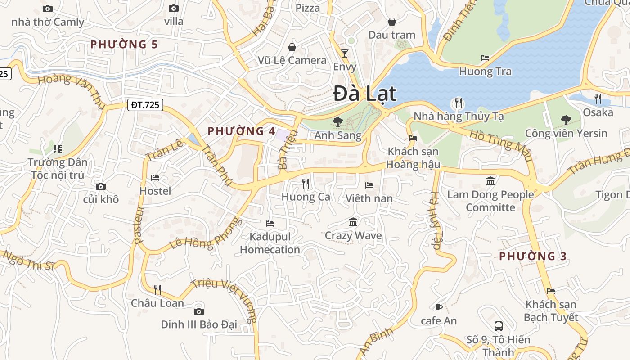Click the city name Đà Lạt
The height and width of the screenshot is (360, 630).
click(365, 94)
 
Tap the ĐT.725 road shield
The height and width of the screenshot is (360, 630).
click(145, 105)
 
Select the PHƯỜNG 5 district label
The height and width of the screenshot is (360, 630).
click(124, 44)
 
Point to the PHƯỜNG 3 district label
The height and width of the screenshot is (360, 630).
click(533, 256)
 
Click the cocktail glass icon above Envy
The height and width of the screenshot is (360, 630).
click(345, 54)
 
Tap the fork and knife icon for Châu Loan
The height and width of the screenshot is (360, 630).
click(157, 289)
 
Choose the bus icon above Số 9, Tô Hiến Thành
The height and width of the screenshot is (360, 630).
click(498, 326)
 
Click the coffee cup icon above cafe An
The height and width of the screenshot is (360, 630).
click(438, 307)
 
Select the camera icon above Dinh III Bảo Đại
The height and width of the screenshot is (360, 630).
click(198, 311)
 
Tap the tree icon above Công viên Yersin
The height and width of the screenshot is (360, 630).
click(566, 120)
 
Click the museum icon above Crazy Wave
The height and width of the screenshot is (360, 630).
click(353, 222)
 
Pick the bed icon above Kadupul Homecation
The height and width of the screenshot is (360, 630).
click(270, 223)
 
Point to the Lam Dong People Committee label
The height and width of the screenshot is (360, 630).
click(490, 201)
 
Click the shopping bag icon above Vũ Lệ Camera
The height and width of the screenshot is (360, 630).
click(292, 47)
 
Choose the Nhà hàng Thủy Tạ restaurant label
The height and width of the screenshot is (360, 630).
click(459, 116)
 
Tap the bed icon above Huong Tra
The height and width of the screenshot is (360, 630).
click(485, 58)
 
